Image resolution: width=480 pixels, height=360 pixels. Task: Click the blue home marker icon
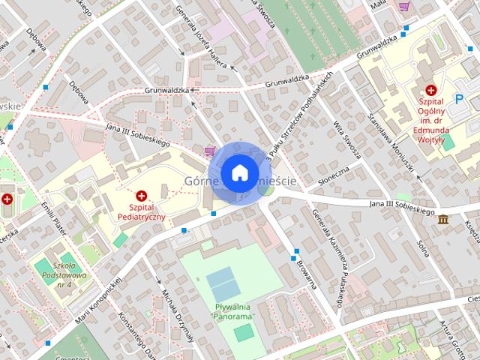239,172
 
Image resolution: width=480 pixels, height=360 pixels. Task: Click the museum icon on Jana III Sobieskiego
442,219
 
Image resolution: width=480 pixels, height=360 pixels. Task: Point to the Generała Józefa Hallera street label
200,34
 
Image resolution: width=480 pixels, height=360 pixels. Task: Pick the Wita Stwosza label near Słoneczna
347,139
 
